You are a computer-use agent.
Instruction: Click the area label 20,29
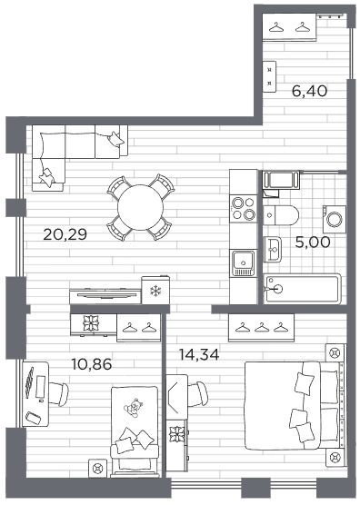point(65,234)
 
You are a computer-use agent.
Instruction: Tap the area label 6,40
point(309,91)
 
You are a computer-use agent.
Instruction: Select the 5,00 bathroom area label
point(313,243)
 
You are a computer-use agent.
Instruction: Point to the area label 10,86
point(92,364)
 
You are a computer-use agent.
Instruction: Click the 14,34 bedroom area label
point(199,354)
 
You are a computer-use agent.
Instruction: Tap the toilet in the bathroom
point(281,215)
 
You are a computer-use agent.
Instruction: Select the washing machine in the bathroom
point(335,219)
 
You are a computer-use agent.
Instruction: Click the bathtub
point(303,289)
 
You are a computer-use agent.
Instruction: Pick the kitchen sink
point(244,262)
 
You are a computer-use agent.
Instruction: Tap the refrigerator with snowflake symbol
point(155,290)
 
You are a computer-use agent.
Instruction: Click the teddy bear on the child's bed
point(133,408)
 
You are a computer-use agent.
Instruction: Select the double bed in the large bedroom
point(295,406)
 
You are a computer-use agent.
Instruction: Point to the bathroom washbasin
point(273,249)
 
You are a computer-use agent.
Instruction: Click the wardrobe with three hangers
point(262,328)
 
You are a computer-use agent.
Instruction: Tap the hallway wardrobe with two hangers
point(289,27)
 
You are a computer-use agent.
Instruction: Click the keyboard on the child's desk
point(30,382)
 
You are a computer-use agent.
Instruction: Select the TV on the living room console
point(105,293)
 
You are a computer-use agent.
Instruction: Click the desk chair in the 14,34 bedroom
point(198,394)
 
